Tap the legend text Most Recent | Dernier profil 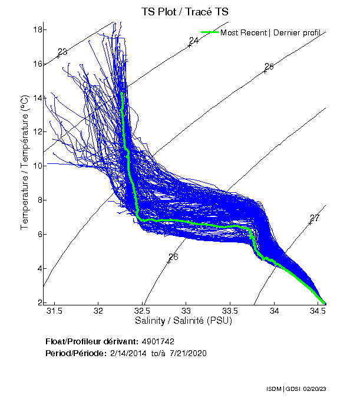pos(270,32)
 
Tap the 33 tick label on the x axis pos(186,311)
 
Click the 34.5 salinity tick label pos(318,311)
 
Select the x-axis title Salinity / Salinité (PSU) pos(184,321)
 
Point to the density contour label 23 pos(62,52)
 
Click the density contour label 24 pos(194,41)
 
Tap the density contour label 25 pos(269,66)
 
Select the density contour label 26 pos(173,256)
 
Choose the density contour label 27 pos(315,218)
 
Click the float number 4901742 pos(157,341)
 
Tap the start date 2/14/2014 pos(131,353)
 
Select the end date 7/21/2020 pos(187,353)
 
